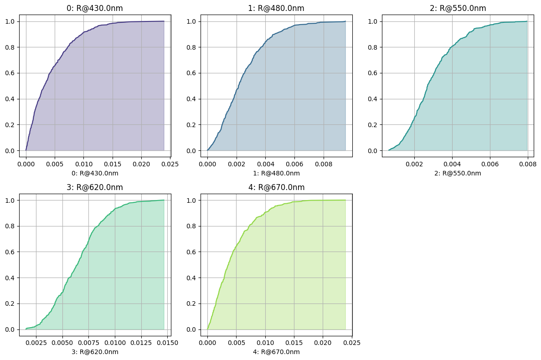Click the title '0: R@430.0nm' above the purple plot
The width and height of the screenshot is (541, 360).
coord(95,8)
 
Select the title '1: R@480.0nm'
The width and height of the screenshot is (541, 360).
coord(276,8)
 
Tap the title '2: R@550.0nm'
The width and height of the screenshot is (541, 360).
coord(458,8)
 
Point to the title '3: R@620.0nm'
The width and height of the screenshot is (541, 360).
coord(95,187)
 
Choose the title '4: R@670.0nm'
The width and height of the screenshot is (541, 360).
coord(276,187)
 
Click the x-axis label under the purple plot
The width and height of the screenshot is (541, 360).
coord(95,173)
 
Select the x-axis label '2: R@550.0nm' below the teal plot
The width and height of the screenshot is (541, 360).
coord(458,173)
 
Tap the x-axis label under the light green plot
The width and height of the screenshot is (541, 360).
coord(276,352)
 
